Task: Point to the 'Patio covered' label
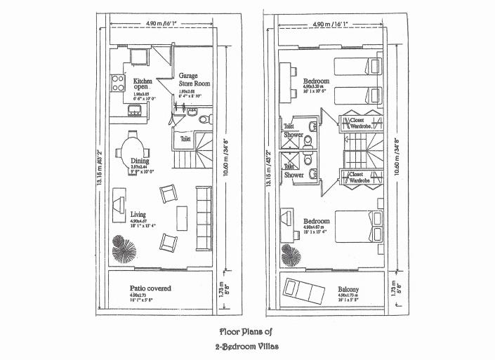point(150,288)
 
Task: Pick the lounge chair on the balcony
point(301,289)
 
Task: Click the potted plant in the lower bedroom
point(288,251)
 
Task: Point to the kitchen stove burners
point(117,86)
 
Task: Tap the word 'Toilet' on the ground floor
point(185,139)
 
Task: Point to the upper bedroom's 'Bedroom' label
point(317,81)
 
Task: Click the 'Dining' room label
point(140,161)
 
